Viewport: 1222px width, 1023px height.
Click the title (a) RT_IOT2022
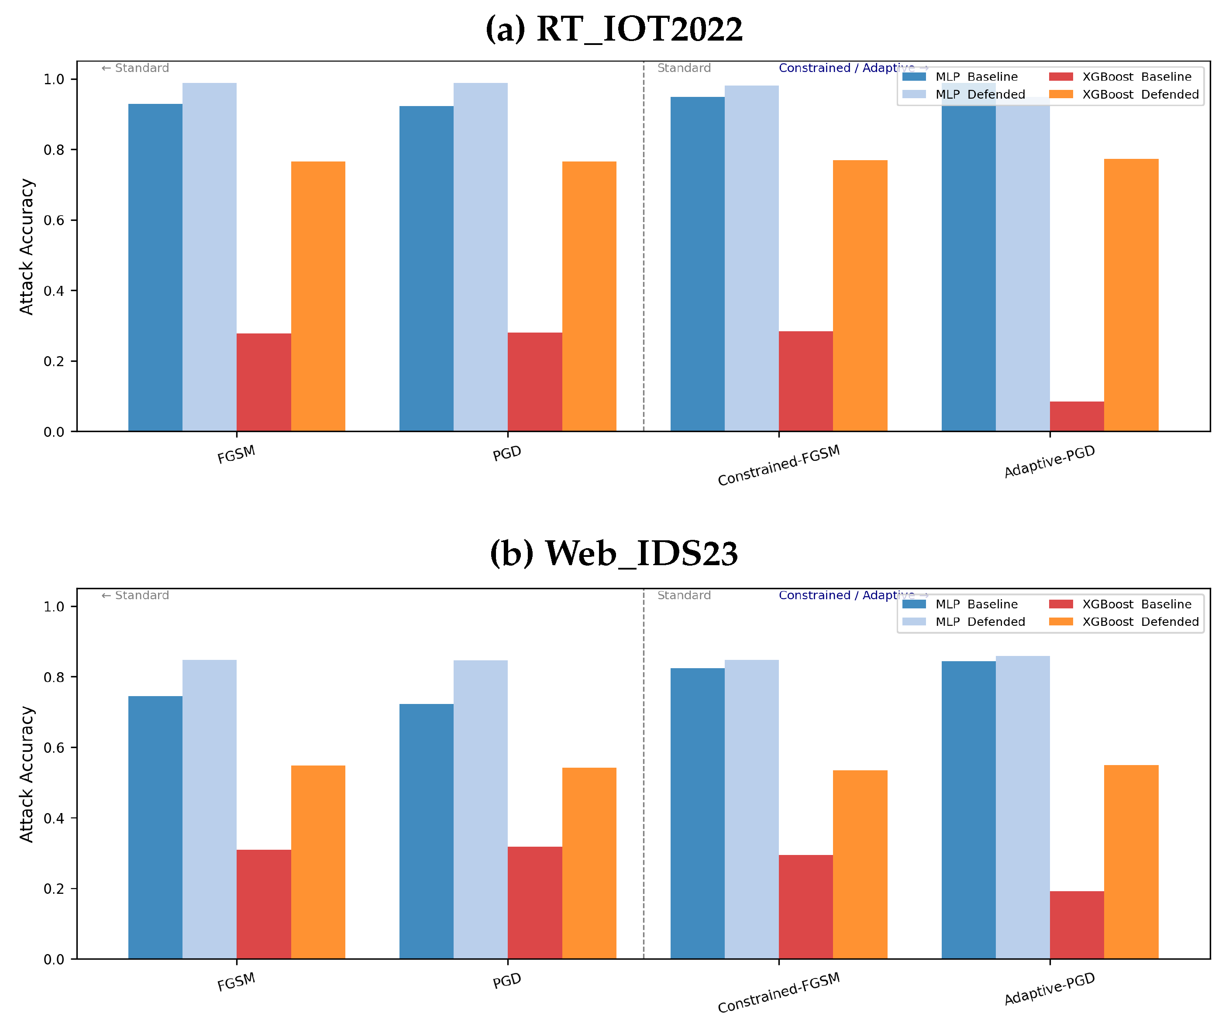pos(614,29)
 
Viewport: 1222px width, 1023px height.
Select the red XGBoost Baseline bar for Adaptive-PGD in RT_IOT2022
pos(1077,416)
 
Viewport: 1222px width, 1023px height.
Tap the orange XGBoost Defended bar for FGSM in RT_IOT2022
pos(318,297)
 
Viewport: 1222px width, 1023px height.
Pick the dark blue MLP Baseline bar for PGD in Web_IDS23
pos(426,832)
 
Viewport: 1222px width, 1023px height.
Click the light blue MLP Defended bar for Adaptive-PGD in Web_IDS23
pos(1022,808)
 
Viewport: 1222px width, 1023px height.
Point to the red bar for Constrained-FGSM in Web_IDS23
pos(805,907)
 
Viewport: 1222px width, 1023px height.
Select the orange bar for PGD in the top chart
pos(589,297)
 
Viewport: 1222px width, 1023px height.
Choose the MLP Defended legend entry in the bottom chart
pos(980,622)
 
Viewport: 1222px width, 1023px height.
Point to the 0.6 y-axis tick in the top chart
pos(54,220)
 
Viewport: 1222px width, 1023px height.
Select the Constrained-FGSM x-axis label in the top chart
pos(778,465)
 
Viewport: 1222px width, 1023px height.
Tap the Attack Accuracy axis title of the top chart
pos(27,247)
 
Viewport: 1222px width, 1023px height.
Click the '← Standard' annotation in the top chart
pos(135,68)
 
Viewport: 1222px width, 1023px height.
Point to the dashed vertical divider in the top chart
pos(644,262)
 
